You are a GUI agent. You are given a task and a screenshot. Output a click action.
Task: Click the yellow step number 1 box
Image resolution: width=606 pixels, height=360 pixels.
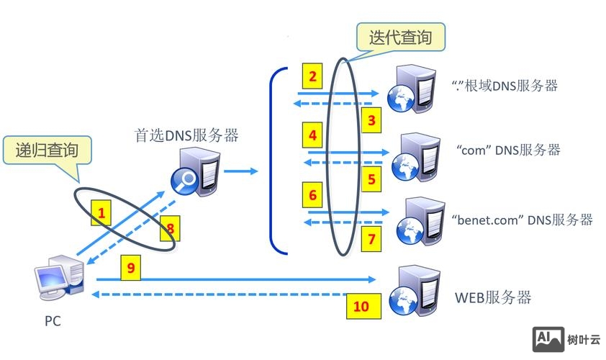102,214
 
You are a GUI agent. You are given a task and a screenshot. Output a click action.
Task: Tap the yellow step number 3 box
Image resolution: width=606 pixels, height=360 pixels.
371,120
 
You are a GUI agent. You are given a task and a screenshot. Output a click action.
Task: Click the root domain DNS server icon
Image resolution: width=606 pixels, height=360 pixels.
411,91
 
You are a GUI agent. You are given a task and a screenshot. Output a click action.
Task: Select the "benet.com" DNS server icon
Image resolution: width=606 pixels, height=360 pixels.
411,219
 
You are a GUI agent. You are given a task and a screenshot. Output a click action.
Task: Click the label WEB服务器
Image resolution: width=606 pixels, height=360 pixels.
493,297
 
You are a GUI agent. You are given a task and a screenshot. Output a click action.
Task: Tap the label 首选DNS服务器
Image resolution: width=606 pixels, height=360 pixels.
186,135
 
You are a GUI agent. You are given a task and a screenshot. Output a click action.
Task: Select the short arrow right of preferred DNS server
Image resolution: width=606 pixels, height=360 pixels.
240,171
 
